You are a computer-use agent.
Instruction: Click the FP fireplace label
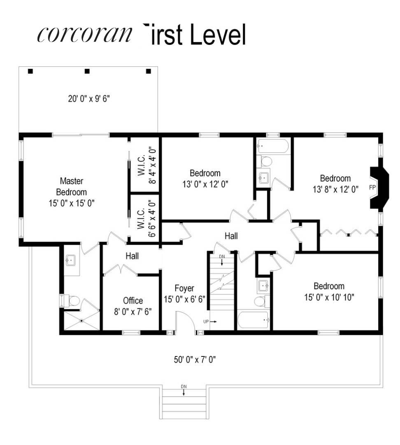[372, 187]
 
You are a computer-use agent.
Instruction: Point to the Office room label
[133, 301]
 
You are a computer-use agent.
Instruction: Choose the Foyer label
[184, 288]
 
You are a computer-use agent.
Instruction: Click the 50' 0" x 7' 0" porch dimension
[195, 359]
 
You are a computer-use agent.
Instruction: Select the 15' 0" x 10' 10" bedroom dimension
[329, 297]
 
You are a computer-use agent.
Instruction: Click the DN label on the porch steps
[184, 386]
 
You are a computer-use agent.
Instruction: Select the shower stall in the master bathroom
[81, 320]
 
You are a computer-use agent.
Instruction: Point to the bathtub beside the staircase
[253, 320]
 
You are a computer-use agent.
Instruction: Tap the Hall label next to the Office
[132, 256]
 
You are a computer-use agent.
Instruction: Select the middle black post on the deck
[87, 71]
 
